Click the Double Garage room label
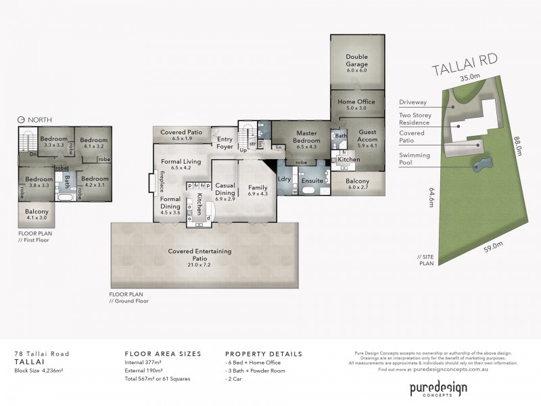[x=356, y=60]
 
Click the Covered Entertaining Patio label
[x=199, y=254]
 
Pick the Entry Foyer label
[x=225, y=141]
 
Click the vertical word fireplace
[x=162, y=183]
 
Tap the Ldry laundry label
[x=284, y=179]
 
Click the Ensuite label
[x=312, y=181]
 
